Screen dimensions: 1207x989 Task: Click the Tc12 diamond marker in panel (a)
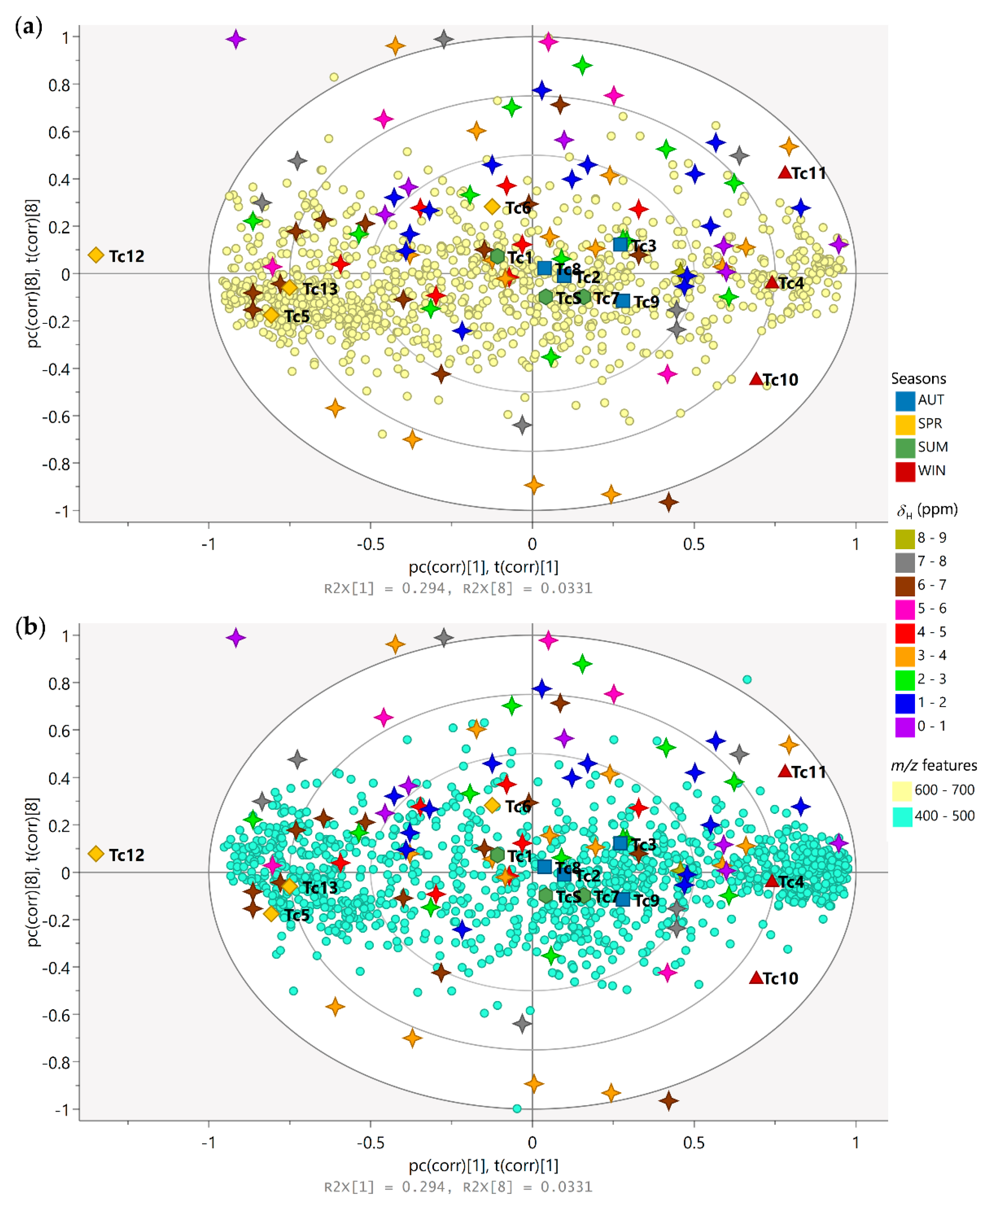(x=96, y=255)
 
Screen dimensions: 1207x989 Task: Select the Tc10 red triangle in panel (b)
(x=756, y=978)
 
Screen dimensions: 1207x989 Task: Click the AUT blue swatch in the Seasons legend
(x=905, y=401)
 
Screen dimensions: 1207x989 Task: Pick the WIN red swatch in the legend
(x=905, y=471)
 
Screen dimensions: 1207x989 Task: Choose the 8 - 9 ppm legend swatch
(x=905, y=538)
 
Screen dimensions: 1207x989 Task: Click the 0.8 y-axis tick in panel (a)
(x=59, y=85)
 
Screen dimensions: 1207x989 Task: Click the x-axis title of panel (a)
(x=483, y=567)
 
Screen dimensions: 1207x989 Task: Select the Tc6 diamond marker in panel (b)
(x=492, y=806)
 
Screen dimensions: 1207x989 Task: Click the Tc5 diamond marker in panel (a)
(x=271, y=315)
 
